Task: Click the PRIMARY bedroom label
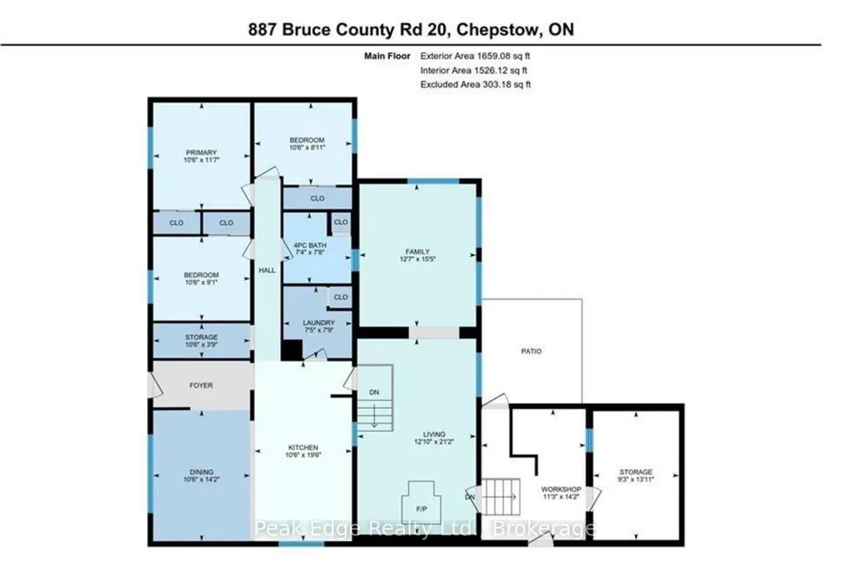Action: [201, 153]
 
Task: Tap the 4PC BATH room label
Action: [310, 246]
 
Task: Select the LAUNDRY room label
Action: [318, 323]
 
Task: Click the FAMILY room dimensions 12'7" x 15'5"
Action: [417, 259]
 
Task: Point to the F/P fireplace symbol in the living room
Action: [421, 501]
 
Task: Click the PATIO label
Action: [531, 352]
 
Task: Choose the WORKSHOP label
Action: [561, 489]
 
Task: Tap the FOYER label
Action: [201, 386]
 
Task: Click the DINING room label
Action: [202, 471]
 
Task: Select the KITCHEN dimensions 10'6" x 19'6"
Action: [303, 456]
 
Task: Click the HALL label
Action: [267, 270]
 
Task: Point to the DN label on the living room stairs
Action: [374, 392]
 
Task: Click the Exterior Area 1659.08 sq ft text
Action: [475, 56]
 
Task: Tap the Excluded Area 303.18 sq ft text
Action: [475, 84]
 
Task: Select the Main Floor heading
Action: [387, 56]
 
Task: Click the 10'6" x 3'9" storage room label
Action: [201, 344]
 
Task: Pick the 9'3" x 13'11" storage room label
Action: [636, 480]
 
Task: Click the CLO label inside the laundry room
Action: [341, 298]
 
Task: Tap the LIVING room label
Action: [434, 434]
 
